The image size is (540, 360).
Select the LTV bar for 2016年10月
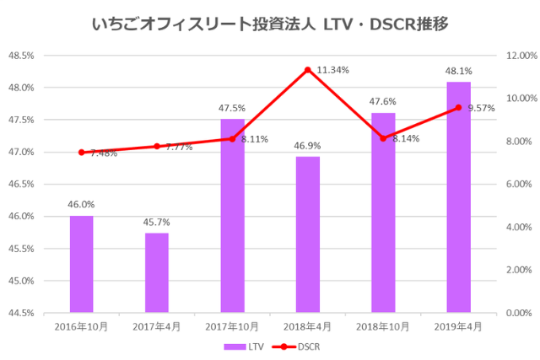click(x=81, y=264)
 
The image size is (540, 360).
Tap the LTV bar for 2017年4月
click(x=157, y=272)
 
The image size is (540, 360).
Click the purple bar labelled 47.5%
click(x=232, y=215)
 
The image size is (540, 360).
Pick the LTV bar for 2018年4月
click(x=308, y=234)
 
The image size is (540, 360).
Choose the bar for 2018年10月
click(x=383, y=212)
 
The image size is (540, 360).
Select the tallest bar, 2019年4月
click(x=458, y=196)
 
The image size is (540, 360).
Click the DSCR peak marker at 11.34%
click(x=308, y=69)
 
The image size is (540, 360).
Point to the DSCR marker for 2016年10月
click(x=81, y=153)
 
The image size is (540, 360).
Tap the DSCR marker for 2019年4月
click(x=458, y=108)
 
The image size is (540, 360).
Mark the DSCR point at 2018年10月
click(x=383, y=138)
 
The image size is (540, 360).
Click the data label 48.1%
click(x=458, y=72)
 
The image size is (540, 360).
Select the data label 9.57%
click(x=480, y=108)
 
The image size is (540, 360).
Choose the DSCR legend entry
click(x=298, y=346)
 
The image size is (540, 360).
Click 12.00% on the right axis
click(x=518, y=56)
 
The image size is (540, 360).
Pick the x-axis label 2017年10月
click(x=232, y=326)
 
